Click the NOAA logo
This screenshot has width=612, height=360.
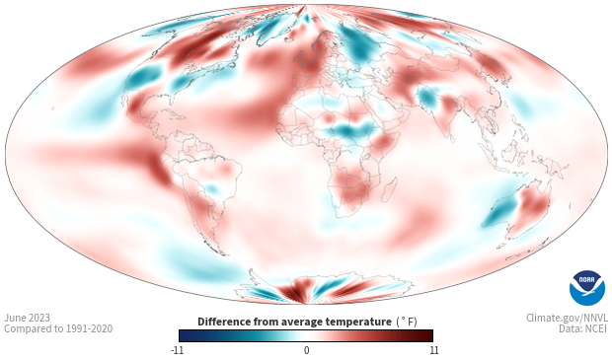[587, 288]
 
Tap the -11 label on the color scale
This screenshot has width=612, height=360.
[178, 350]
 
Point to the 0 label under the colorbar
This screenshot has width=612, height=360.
[306, 350]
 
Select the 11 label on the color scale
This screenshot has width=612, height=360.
[434, 350]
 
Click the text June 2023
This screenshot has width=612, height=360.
[28, 318]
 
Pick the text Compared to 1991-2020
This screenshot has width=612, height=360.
[58, 328]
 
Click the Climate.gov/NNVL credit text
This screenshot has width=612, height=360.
[567, 318]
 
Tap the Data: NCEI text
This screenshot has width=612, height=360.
[583, 328]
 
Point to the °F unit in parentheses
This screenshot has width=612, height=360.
[407, 322]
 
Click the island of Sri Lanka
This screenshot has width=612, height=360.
[452, 138]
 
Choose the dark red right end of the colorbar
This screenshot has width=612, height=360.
[424, 335]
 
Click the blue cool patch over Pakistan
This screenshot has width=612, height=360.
[426, 97]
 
